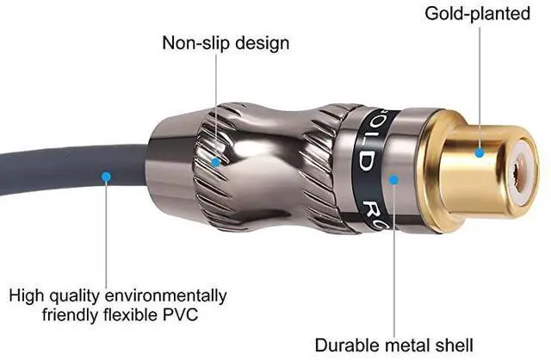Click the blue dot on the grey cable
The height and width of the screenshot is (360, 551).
106,177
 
